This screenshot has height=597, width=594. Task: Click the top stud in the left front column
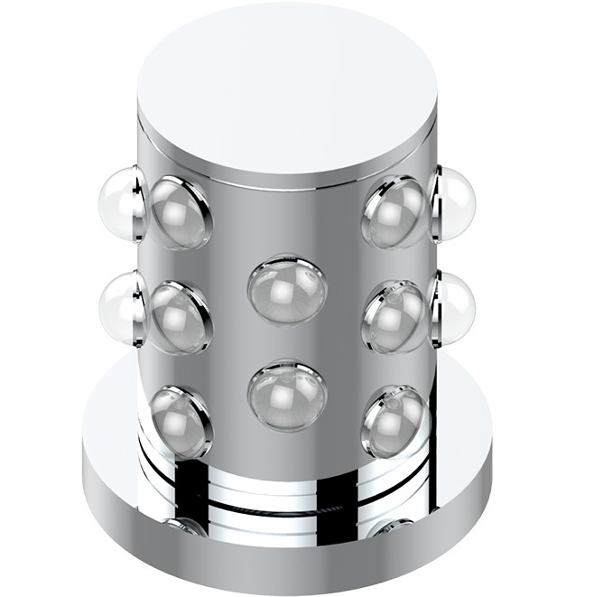(x=180, y=211)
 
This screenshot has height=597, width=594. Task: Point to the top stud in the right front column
(x=395, y=211)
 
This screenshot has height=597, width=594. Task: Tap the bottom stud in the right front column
(x=395, y=420)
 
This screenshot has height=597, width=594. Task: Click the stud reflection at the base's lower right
(x=390, y=527)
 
